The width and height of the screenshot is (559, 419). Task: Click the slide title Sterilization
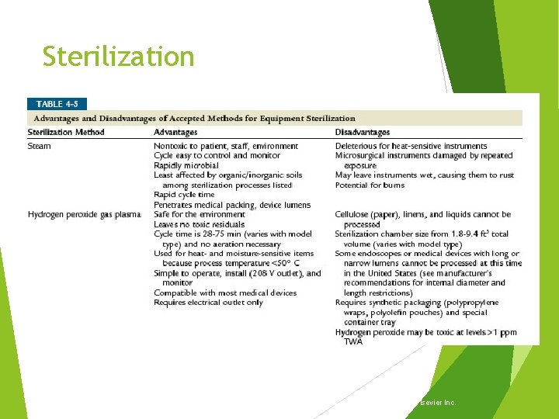(x=118, y=57)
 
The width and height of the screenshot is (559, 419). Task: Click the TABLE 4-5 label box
(x=57, y=103)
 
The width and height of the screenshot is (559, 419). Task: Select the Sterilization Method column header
(x=66, y=133)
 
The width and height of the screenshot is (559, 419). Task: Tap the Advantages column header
(x=175, y=133)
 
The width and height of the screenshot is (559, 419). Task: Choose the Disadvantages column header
(x=363, y=133)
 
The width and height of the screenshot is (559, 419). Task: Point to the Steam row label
(x=39, y=146)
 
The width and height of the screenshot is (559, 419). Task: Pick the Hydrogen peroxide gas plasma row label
(x=85, y=214)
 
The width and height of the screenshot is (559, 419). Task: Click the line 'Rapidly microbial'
(x=186, y=165)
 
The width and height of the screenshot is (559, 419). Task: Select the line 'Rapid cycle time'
(x=184, y=195)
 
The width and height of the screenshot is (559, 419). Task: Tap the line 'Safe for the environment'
(x=200, y=214)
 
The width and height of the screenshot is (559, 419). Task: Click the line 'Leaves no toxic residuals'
(x=199, y=224)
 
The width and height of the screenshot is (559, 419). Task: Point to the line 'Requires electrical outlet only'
(x=208, y=303)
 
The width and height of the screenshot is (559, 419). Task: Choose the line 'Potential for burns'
(x=371, y=185)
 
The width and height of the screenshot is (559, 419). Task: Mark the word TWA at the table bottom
(x=353, y=341)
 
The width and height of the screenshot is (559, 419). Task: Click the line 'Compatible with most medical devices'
(x=225, y=293)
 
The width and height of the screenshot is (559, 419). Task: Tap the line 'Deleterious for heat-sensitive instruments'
(x=411, y=146)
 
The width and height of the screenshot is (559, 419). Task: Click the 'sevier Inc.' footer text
(x=436, y=403)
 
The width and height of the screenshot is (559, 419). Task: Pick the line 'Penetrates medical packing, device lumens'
(x=231, y=205)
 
